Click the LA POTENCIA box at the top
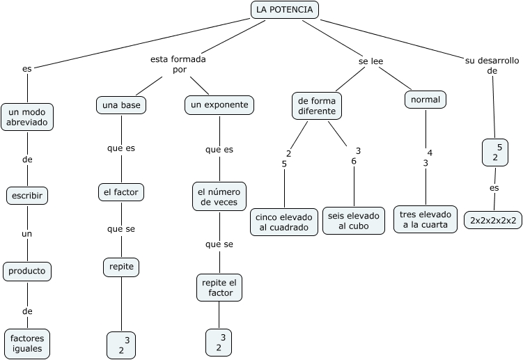(x=284, y=10)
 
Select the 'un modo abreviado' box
(x=27, y=117)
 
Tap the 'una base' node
(x=120, y=105)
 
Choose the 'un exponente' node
(x=219, y=105)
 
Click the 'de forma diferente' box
(x=317, y=105)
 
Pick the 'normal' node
(x=425, y=100)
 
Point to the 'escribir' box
(x=27, y=196)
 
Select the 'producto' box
(x=27, y=251)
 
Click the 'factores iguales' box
(x=27, y=343)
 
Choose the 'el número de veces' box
(x=219, y=196)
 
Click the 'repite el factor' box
(x=219, y=288)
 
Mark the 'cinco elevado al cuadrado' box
(x=283, y=221)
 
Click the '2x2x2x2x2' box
(x=493, y=220)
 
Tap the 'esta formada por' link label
(x=178, y=65)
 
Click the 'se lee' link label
(x=370, y=61)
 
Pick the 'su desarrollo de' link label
(x=492, y=65)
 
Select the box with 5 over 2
(x=495, y=152)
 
